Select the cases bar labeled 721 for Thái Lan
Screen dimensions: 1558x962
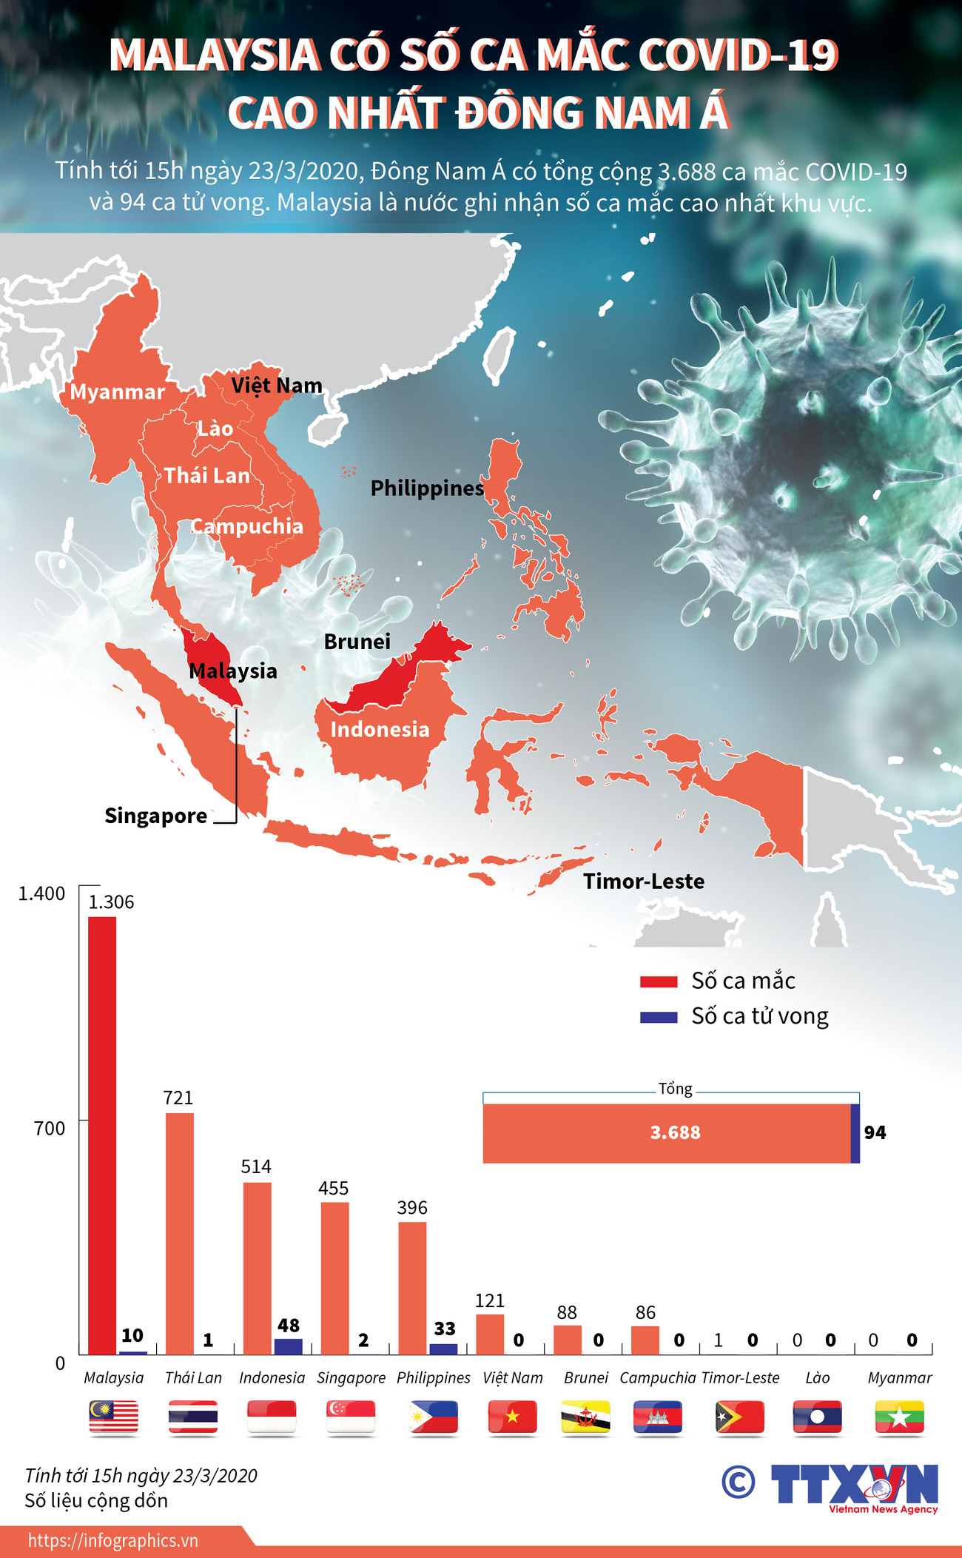tap(179, 1233)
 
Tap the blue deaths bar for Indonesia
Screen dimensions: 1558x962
tap(289, 1346)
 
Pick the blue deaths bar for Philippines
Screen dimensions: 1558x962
tap(443, 1349)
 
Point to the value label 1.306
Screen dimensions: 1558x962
tap(111, 902)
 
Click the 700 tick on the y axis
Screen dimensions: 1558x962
tap(50, 1129)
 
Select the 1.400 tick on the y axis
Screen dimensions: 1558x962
tap(41, 894)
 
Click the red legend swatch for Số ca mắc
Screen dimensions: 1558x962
tap(659, 982)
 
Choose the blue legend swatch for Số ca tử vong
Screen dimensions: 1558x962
tap(659, 1018)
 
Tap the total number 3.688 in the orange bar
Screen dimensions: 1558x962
tap(675, 1132)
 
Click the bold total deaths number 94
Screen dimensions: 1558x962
tap(875, 1132)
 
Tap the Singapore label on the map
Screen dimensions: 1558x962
tap(155, 816)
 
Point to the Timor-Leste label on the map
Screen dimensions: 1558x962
tap(643, 882)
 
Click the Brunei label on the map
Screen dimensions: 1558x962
tap(357, 642)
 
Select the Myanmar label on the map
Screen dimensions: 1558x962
tap(117, 392)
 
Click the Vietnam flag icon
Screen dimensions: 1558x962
tap(512, 1417)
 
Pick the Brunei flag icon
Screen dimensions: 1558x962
tap(585, 1417)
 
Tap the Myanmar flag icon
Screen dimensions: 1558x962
tap(899, 1417)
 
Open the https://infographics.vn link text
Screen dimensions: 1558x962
tap(113, 1540)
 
